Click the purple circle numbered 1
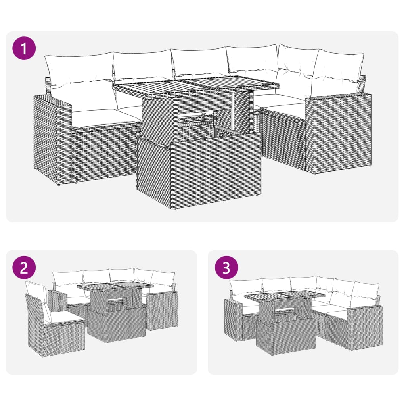[24, 48]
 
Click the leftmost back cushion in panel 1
[79, 71]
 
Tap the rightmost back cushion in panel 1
[339, 71]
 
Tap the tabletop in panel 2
[115, 287]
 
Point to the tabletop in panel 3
[284, 296]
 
